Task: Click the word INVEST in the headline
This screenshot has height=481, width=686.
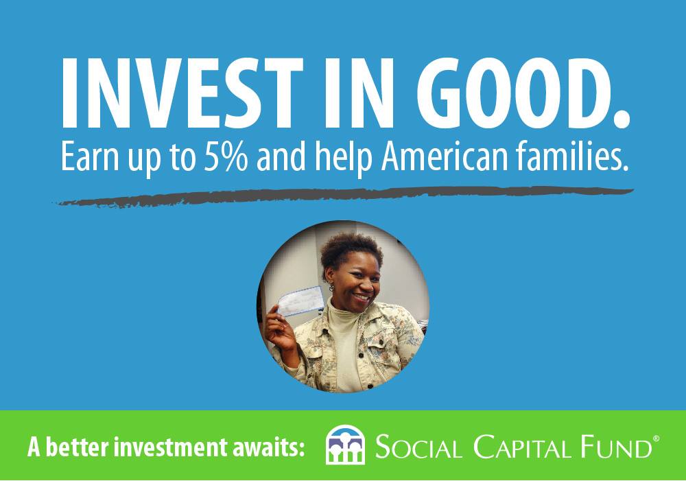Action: [x=182, y=92]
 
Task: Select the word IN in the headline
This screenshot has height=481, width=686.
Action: [x=359, y=92]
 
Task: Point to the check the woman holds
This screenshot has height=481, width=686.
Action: [x=300, y=301]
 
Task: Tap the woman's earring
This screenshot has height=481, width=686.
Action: [x=331, y=287]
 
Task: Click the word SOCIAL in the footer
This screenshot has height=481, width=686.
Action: [x=418, y=447]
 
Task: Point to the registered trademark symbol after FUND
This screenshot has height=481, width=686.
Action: [x=656, y=438]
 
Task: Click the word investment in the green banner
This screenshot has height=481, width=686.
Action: [x=174, y=447]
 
